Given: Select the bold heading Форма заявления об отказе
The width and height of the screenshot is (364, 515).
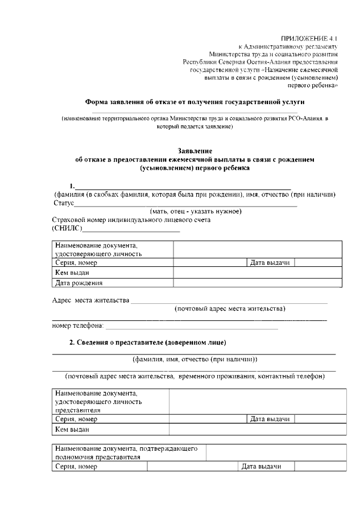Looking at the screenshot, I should point(195,102).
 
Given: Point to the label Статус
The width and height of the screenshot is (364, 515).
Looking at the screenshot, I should point(64,203).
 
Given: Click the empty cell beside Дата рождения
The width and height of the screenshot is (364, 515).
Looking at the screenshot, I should point(257,282).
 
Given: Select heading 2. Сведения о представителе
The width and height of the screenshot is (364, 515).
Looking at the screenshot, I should point(147,342).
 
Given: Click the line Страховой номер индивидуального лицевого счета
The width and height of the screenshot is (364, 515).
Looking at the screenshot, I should point(131,220).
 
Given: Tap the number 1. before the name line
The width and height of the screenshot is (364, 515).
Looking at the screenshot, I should point(72,186).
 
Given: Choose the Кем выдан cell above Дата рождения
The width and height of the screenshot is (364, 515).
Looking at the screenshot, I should point(70,273).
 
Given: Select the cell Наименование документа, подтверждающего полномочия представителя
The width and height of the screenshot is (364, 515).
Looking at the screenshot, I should point(126,452).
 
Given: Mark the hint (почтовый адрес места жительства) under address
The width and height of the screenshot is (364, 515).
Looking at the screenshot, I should point(230,308).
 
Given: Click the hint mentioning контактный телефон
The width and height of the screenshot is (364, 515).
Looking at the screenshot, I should point(195,376).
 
